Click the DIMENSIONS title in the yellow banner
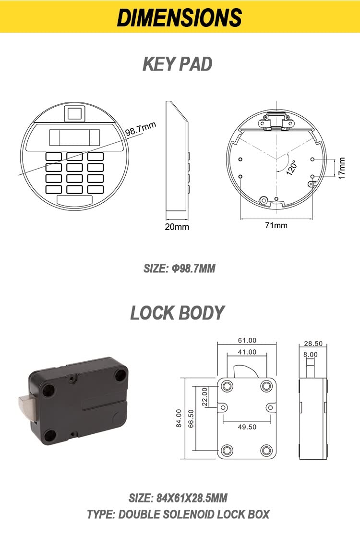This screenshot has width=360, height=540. pos(180,17)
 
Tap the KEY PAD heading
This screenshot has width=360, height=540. pos(177,64)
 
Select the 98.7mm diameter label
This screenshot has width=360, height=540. pos(141,129)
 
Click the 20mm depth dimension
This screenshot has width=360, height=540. pos(177,227)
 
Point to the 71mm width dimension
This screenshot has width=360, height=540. pos(276,225)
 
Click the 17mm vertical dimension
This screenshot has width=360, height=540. pos(341,168)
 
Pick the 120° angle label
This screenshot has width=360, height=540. pos(291,167)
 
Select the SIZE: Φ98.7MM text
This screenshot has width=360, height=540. pos(180,268)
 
